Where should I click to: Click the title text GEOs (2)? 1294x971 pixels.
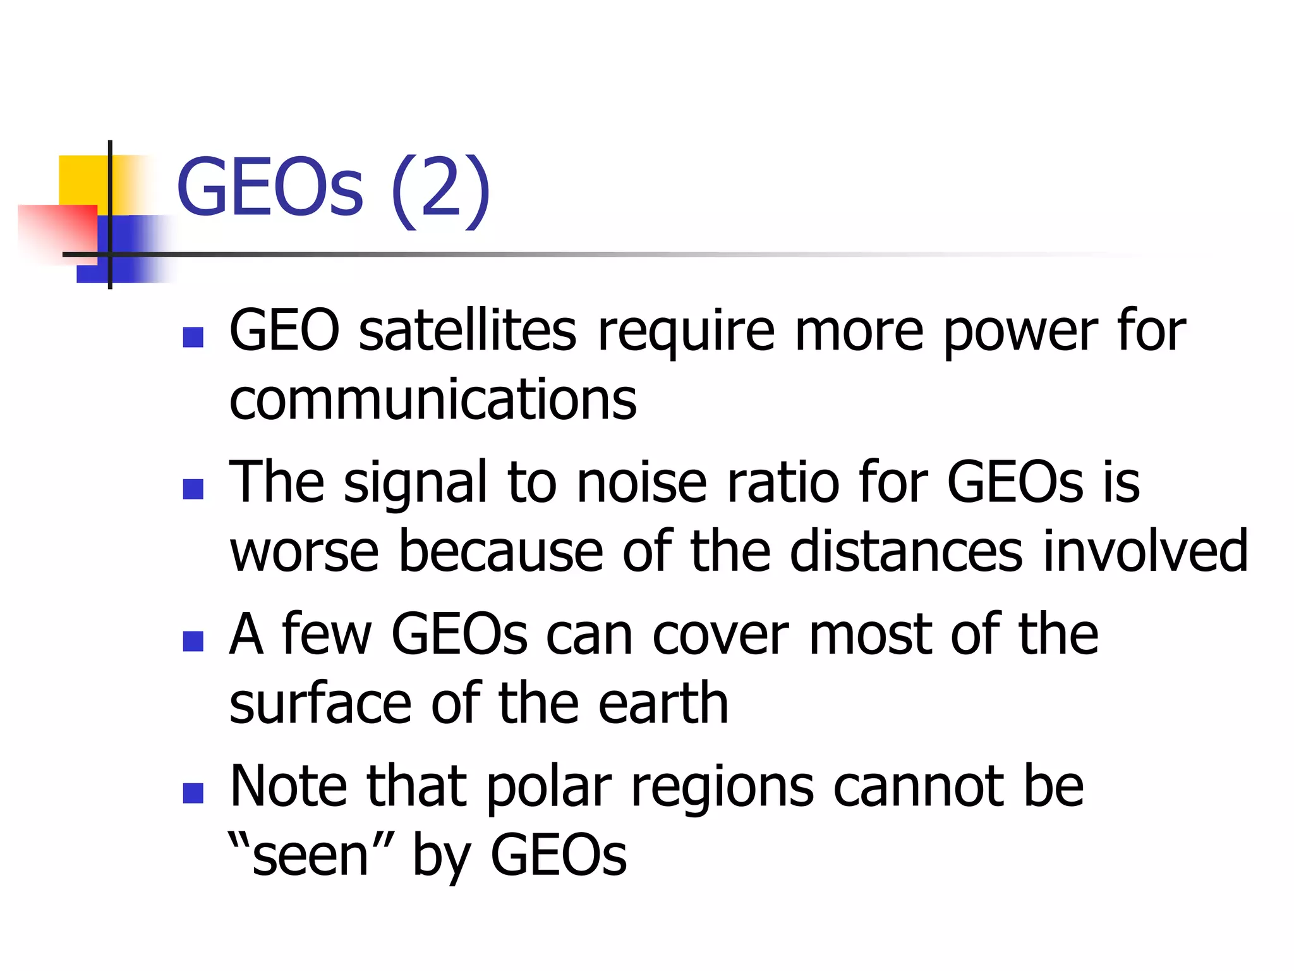tap(333, 188)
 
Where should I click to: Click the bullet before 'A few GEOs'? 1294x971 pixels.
tap(193, 641)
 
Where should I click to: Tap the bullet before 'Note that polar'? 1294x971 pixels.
tap(193, 793)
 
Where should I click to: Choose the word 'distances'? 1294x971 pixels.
tap(906, 551)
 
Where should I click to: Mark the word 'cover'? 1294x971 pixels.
tap(720, 635)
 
